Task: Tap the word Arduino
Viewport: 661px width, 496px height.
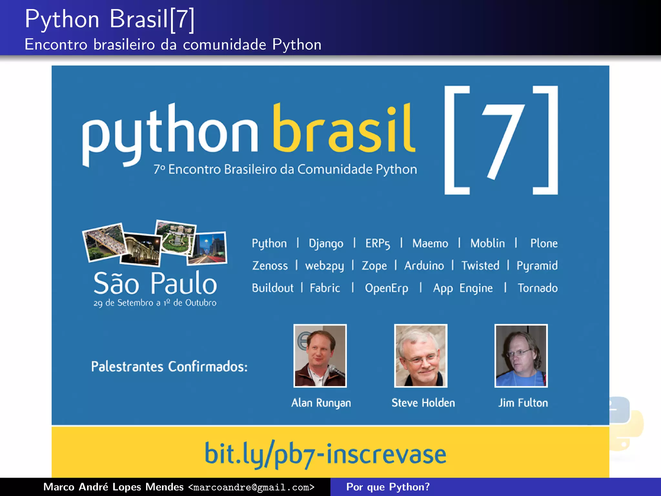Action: [424, 266]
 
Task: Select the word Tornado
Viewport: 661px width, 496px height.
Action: [537, 288]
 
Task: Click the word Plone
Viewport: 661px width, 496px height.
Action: [544, 243]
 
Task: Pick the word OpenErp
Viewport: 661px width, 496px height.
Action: [386, 288]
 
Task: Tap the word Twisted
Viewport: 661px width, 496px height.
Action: [480, 266]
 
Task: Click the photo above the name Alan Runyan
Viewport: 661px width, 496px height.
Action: [320, 356]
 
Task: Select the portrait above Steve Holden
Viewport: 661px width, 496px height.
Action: [421, 356]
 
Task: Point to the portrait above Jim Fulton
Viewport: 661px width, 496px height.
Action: [521, 356]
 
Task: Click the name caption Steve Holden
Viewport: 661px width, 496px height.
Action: [423, 403]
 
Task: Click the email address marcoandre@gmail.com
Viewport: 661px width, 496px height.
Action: [251, 487]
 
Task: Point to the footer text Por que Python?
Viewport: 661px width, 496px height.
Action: [388, 487]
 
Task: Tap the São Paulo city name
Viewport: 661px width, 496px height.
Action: [155, 283]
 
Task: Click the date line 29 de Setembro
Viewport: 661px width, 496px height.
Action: [155, 303]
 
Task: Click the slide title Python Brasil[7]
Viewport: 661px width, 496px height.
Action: [110, 19]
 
